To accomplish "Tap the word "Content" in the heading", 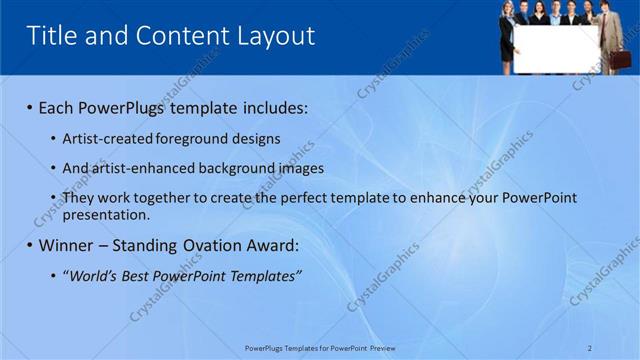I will point(176,37).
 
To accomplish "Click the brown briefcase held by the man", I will point(620,58).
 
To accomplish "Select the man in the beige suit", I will point(611,30).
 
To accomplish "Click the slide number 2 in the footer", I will point(590,348).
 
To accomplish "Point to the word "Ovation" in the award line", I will point(219,245).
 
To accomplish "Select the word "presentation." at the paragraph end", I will point(106,214).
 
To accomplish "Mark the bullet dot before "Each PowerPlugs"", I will point(29,108).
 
